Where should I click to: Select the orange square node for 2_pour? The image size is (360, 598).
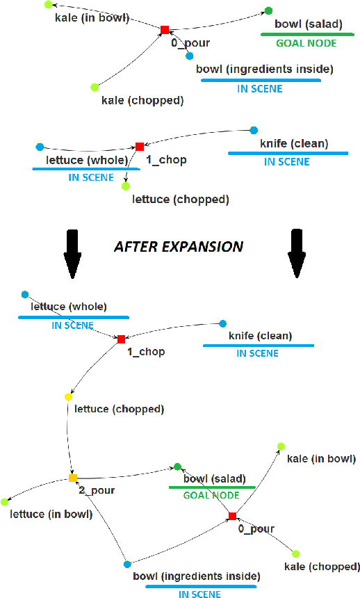point(73,478)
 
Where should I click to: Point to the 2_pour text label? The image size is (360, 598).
point(97,490)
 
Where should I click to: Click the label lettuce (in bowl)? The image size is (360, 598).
point(51,515)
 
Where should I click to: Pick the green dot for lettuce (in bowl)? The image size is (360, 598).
point(5,501)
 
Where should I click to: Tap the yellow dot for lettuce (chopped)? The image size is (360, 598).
point(68,396)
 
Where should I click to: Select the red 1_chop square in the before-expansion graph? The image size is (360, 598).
point(140,147)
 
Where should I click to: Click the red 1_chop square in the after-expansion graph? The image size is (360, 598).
point(121,339)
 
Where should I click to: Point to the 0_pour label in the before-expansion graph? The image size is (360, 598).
point(190,43)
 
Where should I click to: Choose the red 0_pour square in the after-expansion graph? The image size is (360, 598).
point(232,516)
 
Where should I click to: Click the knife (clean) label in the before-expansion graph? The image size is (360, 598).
point(294,145)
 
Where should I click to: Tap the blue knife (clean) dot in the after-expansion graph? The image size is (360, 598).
point(223,323)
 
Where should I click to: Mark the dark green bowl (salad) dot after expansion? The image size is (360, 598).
point(177,467)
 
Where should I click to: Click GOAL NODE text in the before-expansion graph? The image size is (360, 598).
point(299,42)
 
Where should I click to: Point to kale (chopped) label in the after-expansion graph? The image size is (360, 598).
point(322,567)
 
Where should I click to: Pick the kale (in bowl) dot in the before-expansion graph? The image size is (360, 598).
point(47,4)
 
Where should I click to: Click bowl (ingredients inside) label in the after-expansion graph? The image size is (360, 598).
point(197,576)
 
